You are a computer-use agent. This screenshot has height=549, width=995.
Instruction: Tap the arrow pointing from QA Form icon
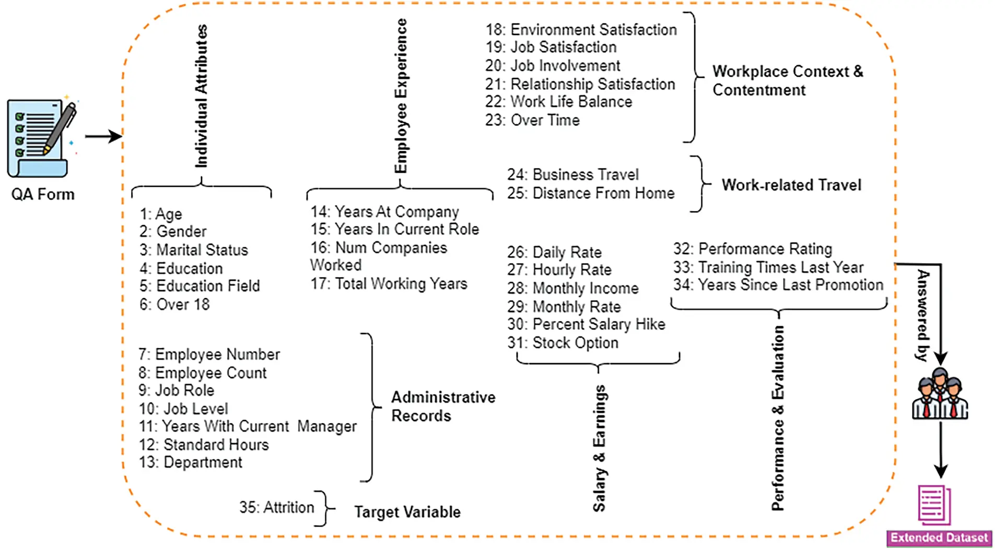(x=103, y=137)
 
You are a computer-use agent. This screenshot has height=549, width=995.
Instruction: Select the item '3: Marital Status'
(x=194, y=250)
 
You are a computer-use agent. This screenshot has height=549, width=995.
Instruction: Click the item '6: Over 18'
(x=174, y=304)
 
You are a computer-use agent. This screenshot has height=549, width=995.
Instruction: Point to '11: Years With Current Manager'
(x=248, y=427)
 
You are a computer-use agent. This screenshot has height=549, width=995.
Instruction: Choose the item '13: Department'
(x=191, y=462)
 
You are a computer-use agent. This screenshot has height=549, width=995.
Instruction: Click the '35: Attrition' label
(x=277, y=507)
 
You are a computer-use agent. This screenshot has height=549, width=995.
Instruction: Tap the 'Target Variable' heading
(x=407, y=512)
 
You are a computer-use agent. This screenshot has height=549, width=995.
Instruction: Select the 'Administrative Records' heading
(x=443, y=407)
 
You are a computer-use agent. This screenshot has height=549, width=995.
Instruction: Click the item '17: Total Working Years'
(x=389, y=284)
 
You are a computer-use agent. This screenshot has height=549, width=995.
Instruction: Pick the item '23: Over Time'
(x=532, y=121)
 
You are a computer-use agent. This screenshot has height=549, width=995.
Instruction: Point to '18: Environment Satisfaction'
(x=581, y=30)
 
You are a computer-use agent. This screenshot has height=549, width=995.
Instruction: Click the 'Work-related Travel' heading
(x=791, y=185)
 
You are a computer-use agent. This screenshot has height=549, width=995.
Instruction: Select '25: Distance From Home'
(x=591, y=194)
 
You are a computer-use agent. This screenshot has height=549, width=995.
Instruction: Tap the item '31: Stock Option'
(x=563, y=343)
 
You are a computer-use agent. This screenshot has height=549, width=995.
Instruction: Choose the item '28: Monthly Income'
(x=573, y=288)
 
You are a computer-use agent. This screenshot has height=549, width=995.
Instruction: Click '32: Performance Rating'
(x=753, y=249)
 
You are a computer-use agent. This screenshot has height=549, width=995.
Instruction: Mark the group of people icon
(x=940, y=394)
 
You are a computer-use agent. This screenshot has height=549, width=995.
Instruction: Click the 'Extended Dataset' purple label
(x=939, y=538)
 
